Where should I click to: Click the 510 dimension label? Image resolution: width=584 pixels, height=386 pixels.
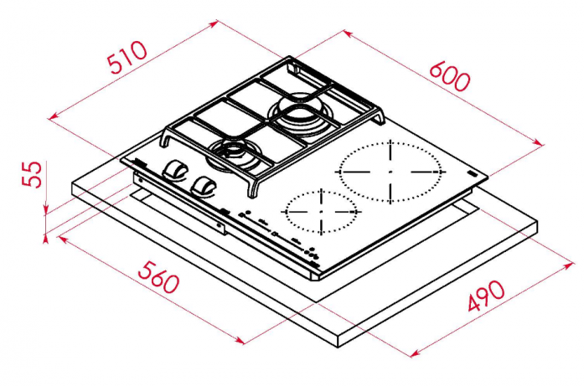(x=127, y=57)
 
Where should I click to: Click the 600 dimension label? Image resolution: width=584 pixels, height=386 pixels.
(x=450, y=77)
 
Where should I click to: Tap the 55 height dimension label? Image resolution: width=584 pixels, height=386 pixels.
(x=32, y=174)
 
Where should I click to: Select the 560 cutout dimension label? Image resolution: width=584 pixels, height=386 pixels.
(x=159, y=277)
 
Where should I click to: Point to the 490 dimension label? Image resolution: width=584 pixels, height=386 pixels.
(x=487, y=296)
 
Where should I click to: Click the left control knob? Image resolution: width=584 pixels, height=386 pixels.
(x=174, y=171)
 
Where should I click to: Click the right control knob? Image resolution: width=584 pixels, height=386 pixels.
(x=204, y=187)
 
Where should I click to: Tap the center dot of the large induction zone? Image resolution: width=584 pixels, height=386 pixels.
(x=390, y=172)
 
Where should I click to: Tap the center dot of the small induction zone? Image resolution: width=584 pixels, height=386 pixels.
(x=321, y=212)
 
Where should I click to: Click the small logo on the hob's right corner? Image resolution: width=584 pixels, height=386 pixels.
(x=473, y=173)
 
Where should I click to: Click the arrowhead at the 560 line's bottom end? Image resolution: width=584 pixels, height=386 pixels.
(x=240, y=340)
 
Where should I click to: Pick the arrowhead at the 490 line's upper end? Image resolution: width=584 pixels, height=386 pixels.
(x=570, y=265)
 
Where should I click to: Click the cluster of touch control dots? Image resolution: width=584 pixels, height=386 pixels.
(x=313, y=255)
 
